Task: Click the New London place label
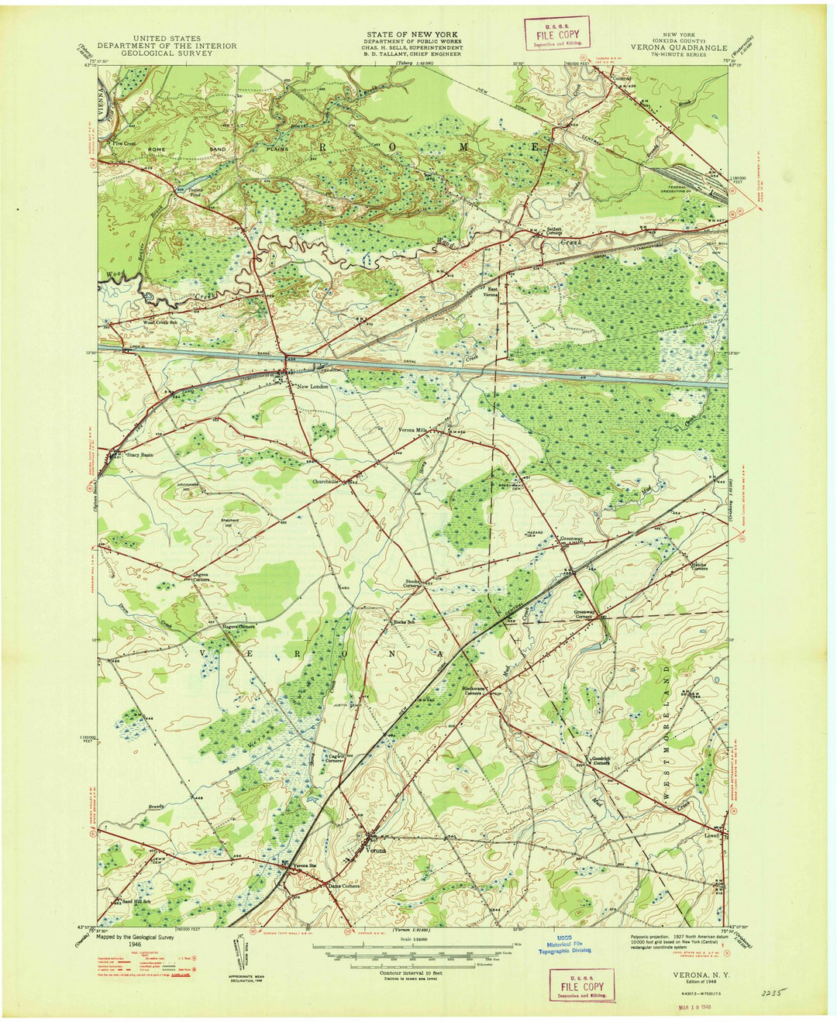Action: pos(306,386)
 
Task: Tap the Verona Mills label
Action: pos(413,430)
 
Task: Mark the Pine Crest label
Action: pos(123,143)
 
